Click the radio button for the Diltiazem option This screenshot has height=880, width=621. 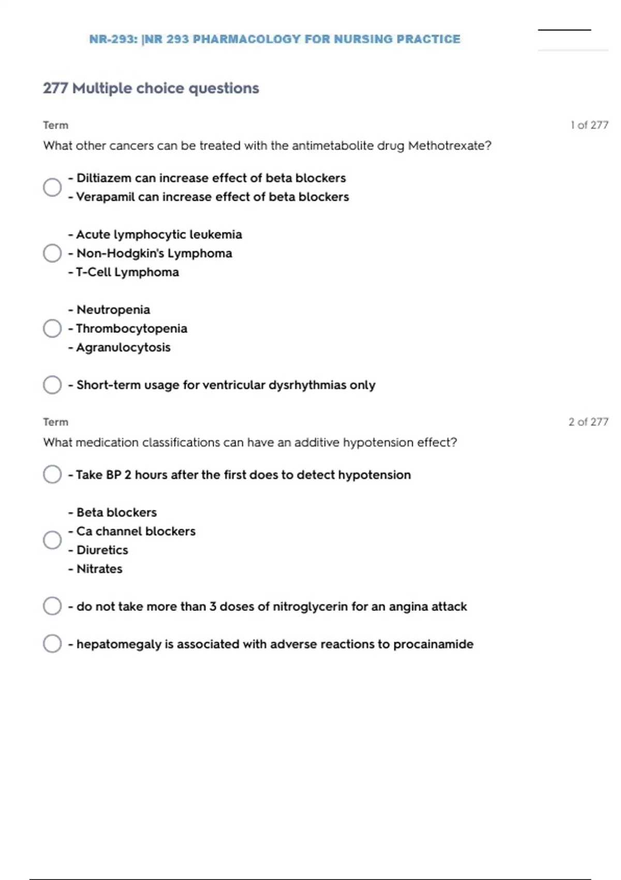pos(52,187)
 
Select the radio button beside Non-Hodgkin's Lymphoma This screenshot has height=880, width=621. pos(52,253)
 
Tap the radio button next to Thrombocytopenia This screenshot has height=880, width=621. pos(52,328)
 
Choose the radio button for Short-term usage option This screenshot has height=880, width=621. pos(52,385)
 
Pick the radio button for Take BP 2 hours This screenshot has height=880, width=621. pos(52,474)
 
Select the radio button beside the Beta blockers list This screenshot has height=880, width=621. pos(52,540)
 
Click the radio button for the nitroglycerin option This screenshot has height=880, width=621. pos(52,606)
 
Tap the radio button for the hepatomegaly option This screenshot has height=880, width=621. pos(52,643)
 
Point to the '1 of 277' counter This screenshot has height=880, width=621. pos(589,125)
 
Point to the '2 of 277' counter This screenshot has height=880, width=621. pos(588,422)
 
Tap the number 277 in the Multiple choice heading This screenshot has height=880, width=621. pos(55,89)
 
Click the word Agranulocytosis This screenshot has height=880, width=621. pos(123,347)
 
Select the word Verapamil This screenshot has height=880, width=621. pos(105,197)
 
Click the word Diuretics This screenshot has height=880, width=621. pos(102,550)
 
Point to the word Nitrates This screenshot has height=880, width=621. pos(99,569)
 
